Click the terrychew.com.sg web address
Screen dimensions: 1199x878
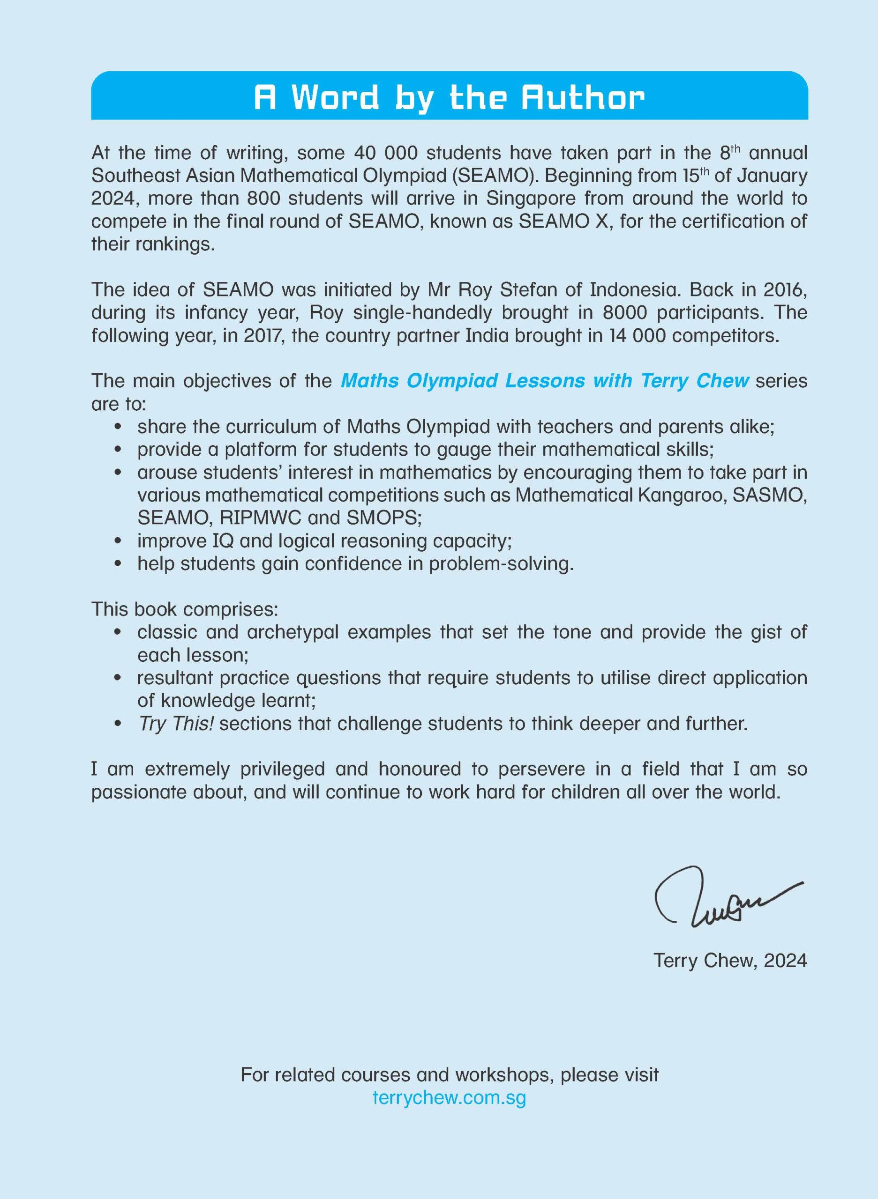coord(449,1097)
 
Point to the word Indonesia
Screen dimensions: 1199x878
coord(634,289)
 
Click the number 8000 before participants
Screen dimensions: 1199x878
coord(624,312)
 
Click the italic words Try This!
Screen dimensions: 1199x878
coord(176,723)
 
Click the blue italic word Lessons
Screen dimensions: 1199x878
coord(545,381)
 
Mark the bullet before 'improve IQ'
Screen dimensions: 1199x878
coord(119,541)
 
